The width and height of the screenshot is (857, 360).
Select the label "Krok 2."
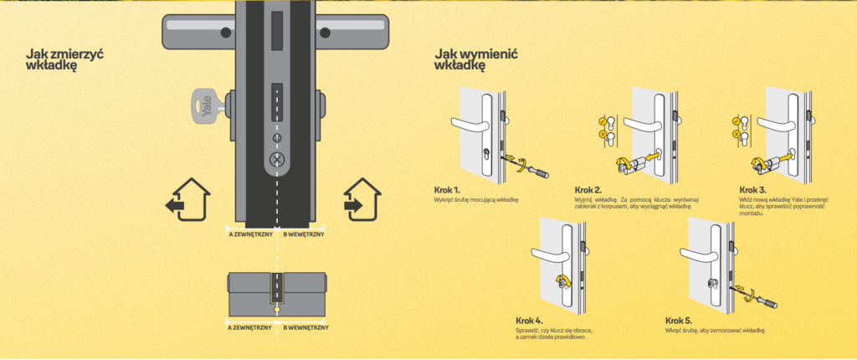pyautogui.click(x=588, y=190)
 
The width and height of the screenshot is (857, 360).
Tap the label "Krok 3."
pyautogui.click(x=753, y=190)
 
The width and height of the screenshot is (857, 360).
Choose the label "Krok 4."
pyautogui.click(x=530, y=320)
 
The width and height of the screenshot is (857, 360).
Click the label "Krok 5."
pyautogui.click(x=679, y=320)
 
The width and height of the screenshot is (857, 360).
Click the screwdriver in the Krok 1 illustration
pyautogui.click(x=532, y=167)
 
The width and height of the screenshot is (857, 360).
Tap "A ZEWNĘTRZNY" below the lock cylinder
pyautogui.click(x=250, y=328)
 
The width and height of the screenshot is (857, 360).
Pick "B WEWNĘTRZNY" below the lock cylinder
pyautogui.click(x=303, y=328)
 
